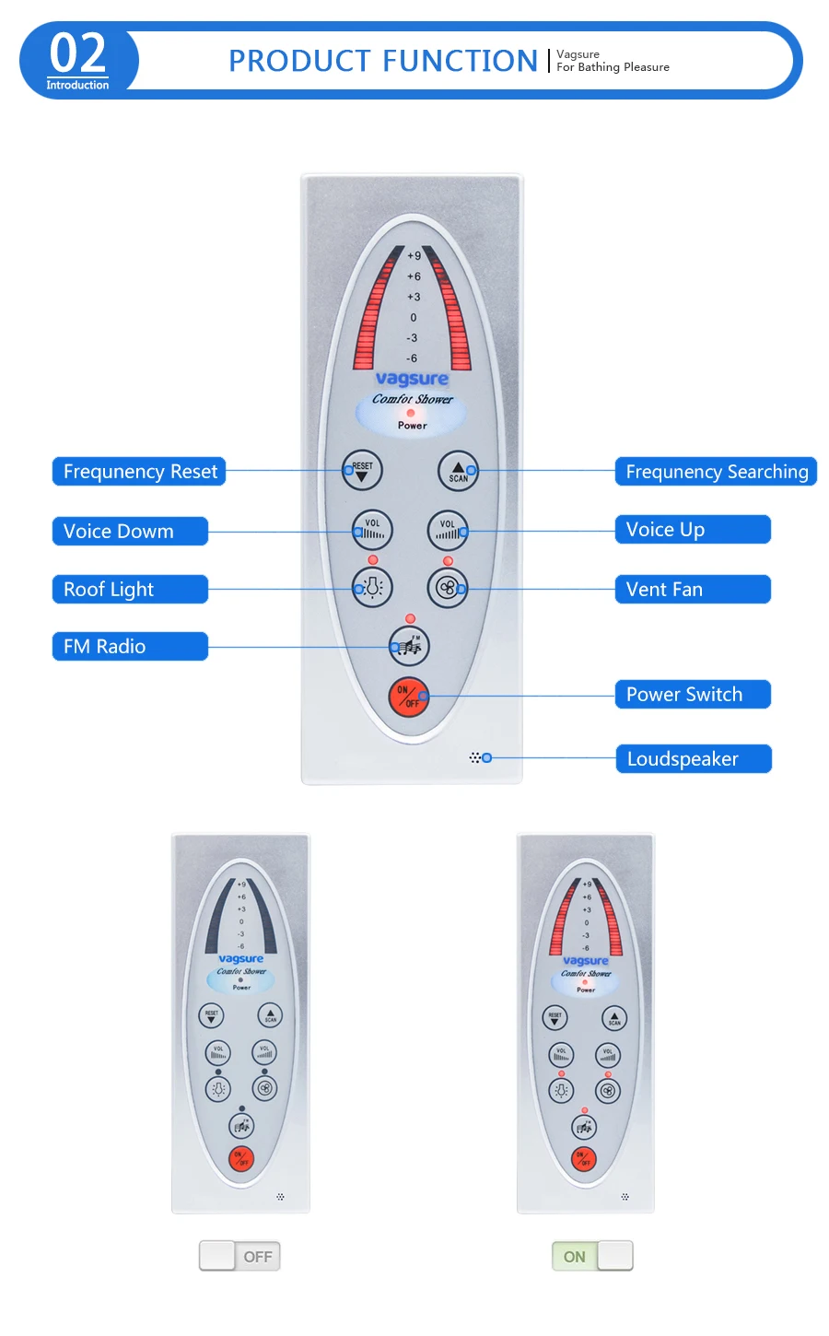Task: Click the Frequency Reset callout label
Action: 139,472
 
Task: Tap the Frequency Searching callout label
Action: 716,472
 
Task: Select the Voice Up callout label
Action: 692,530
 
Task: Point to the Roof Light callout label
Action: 130,590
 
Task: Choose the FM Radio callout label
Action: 130,647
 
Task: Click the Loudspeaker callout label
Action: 693,759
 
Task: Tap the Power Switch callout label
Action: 692,695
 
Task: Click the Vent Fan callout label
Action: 692,590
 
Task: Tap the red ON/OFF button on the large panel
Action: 408,697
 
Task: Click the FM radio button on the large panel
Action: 409,645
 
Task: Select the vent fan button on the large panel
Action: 448,587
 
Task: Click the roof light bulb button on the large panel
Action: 373,587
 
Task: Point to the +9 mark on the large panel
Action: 414,256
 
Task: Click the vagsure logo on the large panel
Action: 412,379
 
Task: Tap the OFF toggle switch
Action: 239,1256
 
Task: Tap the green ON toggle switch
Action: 592,1256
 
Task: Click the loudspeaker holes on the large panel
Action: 475,757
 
